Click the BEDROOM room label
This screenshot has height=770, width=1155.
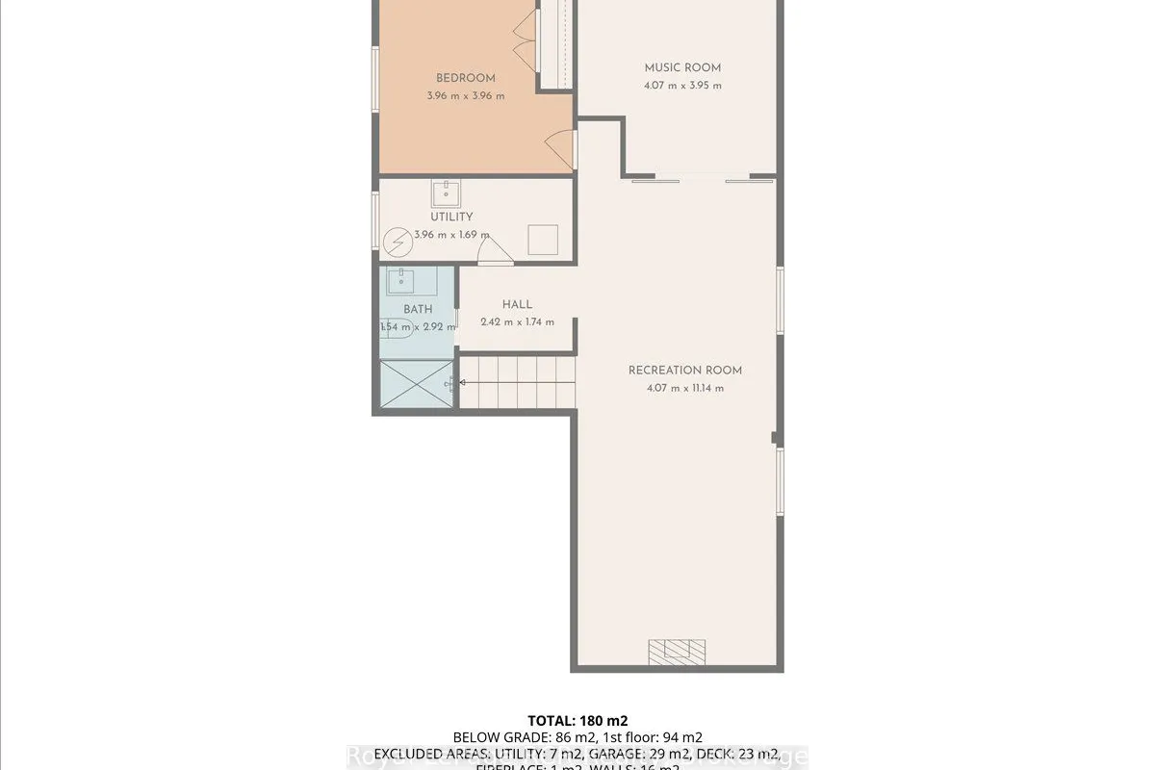(465, 78)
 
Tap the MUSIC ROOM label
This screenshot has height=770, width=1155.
(682, 67)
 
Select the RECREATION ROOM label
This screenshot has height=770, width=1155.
(685, 371)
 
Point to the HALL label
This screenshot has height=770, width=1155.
(517, 304)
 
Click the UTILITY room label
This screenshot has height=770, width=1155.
(451, 217)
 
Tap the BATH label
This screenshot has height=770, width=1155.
(418, 309)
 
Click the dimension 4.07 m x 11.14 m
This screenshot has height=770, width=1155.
(685, 389)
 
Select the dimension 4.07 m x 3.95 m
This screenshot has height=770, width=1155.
(682, 86)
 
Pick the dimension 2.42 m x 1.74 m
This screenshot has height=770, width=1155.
(517, 321)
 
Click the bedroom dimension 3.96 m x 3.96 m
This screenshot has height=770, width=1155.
(465, 96)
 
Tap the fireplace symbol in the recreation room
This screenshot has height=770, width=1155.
(677, 652)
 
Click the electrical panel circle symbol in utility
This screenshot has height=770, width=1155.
(397, 243)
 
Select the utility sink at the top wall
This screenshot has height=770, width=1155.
(446, 194)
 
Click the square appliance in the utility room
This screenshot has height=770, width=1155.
(544, 239)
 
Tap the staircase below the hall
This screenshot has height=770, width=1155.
(517, 382)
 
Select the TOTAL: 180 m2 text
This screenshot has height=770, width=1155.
(577, 720)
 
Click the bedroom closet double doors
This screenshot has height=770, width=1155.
(524, 35)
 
